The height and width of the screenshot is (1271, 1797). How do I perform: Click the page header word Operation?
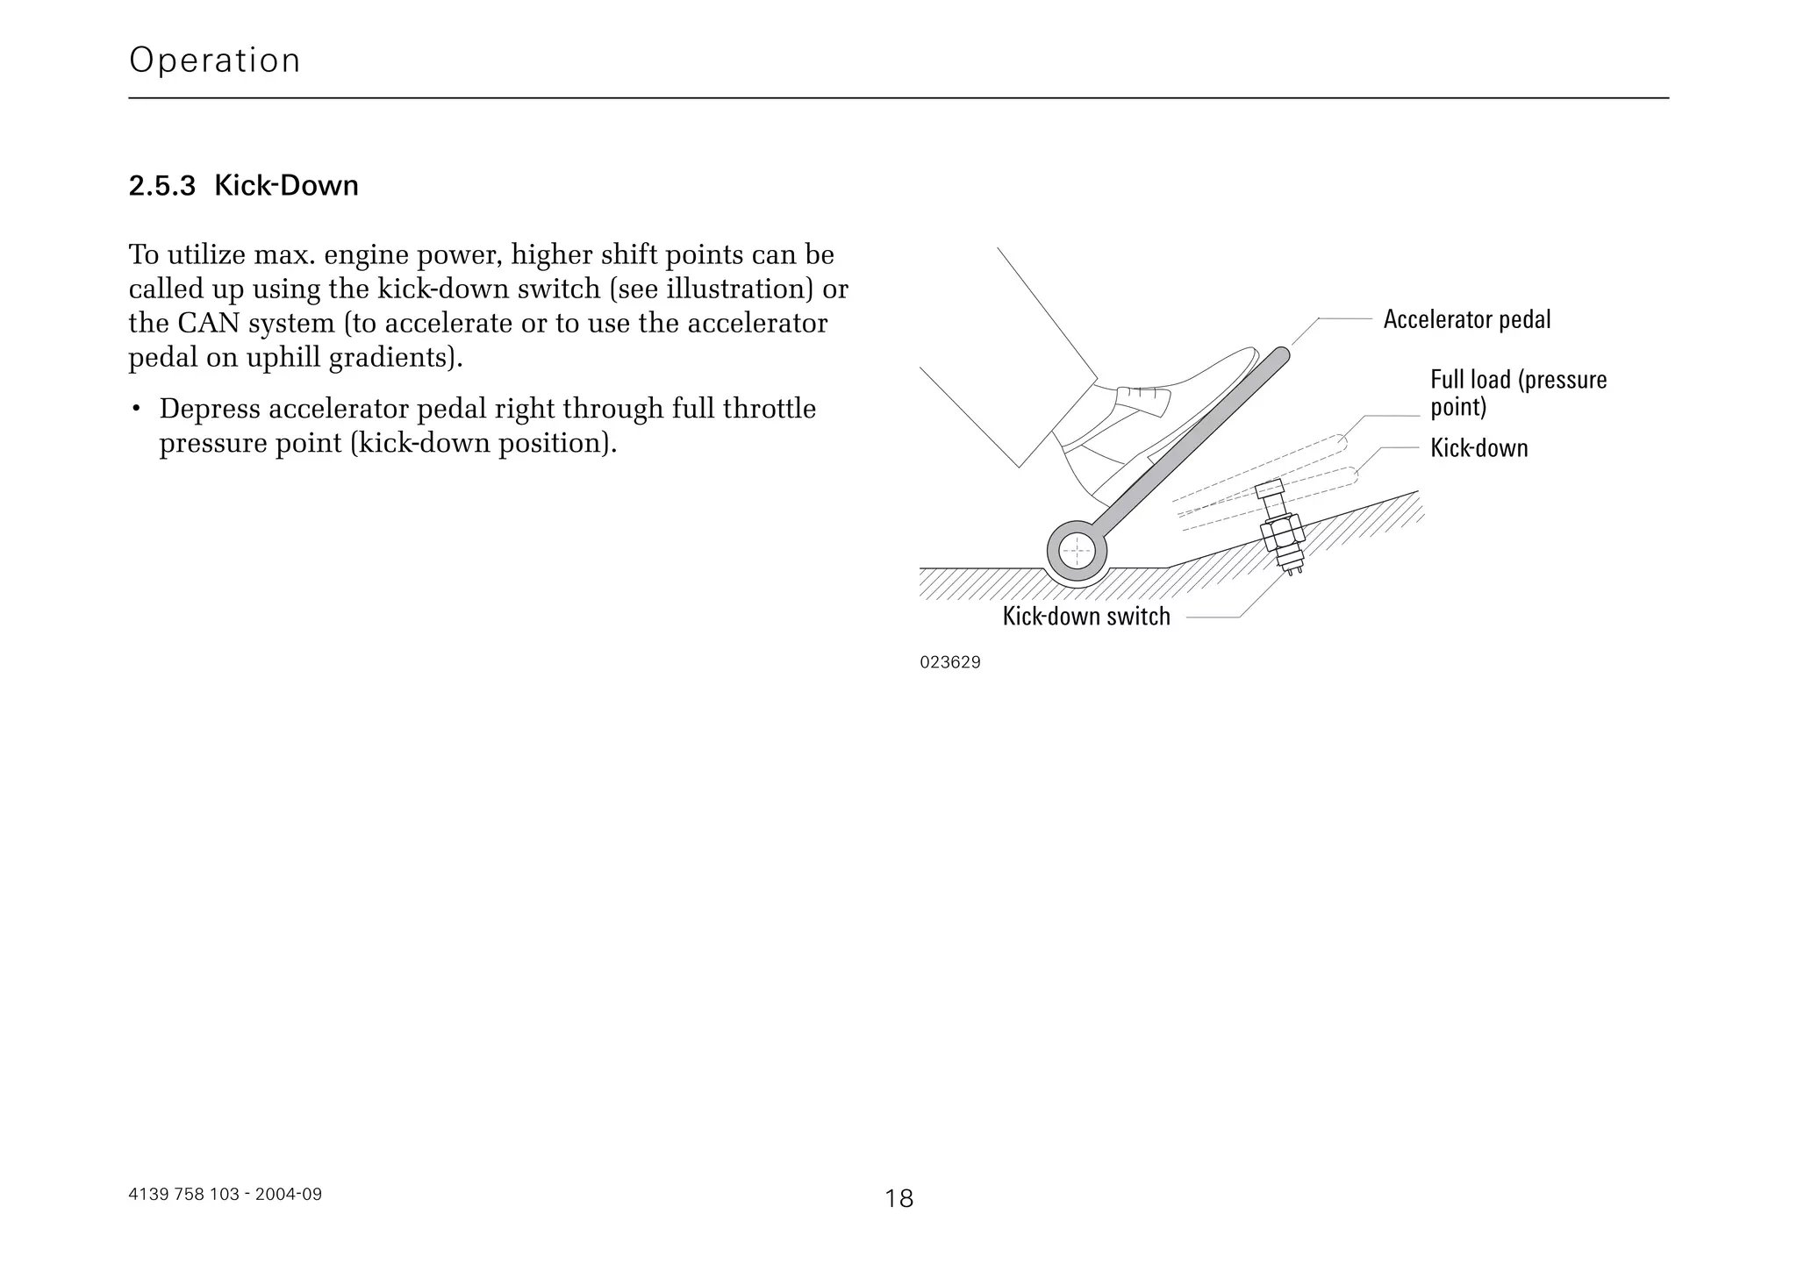coord(214,61)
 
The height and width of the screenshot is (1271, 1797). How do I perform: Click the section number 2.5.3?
coord(161,186)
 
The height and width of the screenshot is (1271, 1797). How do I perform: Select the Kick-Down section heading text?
coord(286,186)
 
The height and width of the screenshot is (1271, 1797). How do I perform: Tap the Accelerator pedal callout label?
coord(1466,319)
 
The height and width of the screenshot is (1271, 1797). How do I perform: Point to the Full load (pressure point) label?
coord(1517,393)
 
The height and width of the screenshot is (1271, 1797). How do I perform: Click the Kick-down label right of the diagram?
coord(1478,448)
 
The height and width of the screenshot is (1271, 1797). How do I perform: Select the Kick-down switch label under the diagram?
coord(1085,617)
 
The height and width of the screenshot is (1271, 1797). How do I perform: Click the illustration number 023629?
coord(949,662)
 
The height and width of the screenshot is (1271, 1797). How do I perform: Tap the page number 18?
coord(898,1198)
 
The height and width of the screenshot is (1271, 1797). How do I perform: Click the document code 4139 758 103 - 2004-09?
coord(225,1194)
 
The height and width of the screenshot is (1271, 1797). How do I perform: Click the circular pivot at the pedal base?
coord(1077,553)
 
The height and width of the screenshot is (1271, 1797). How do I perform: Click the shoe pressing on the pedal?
coord(1149,412)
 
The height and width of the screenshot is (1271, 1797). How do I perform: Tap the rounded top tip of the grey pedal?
coord(1280,355)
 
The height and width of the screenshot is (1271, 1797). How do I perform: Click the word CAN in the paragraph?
coord(208,324)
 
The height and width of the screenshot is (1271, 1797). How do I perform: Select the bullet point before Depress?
coord(136,410)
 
